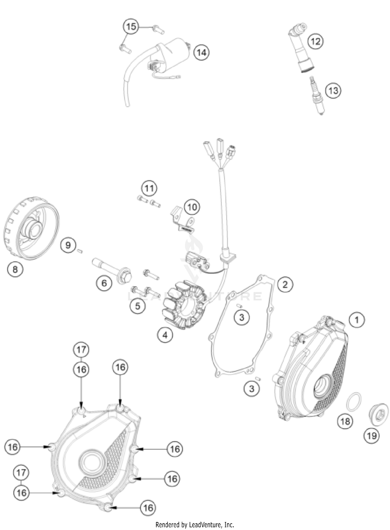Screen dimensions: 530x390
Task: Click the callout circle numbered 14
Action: [x=201, y=53]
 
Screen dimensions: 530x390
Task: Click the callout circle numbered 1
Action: [x=357, y=320]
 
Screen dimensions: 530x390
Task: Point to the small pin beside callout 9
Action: [x=80, y=251]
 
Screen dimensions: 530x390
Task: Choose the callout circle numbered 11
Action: [x=149, y=188]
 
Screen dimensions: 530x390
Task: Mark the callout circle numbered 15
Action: [x=131, y=27]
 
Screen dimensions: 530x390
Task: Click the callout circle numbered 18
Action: [x=345, y=421]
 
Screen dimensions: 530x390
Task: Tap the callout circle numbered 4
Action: [x=165, y=335]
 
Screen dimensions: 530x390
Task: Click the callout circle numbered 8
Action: [x=15, y=269]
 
